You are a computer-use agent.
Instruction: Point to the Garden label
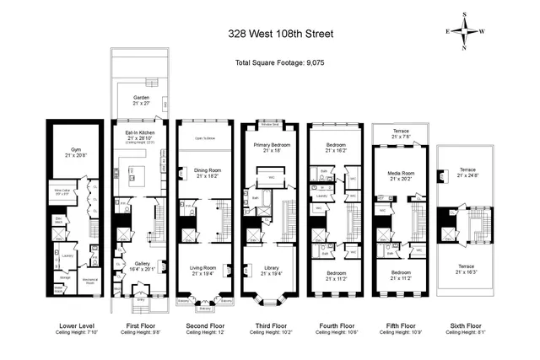tap(141, 99)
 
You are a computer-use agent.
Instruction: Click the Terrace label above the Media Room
tap(400, 132)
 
